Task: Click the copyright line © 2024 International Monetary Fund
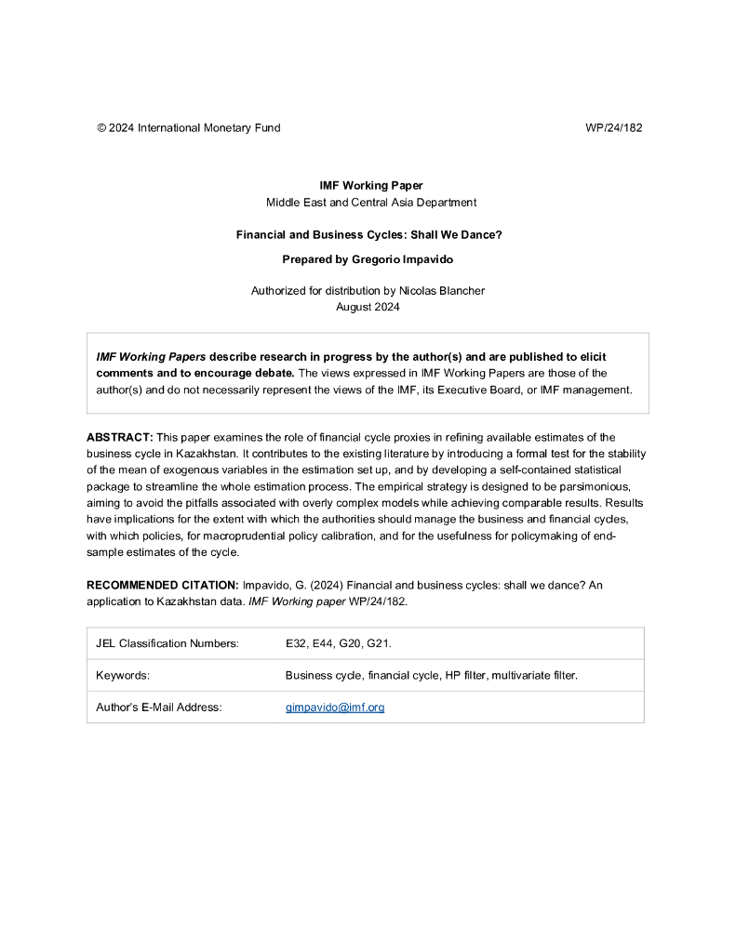click(188, 128)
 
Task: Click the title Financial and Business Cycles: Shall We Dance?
click(369, 235)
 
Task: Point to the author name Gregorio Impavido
click(407, 259)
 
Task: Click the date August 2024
click(368, 307)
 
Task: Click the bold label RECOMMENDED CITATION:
click(162, 585)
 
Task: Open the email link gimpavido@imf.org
click(335, 707)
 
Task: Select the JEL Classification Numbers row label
click(167, 643)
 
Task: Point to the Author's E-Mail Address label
click(159, 707)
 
